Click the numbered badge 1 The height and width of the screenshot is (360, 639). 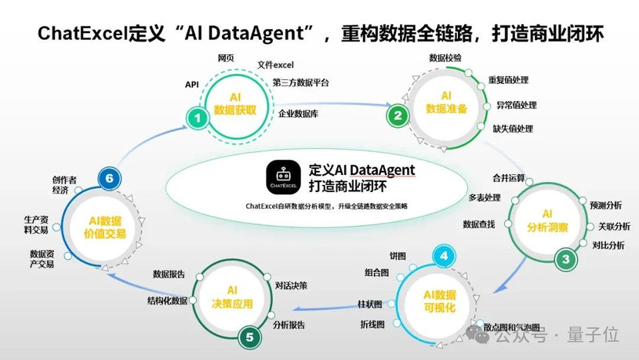(198, 118)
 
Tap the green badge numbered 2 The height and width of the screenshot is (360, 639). (398, 115)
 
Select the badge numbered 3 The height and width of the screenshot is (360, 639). (565, 259)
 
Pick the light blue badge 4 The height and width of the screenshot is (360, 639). (444, 256)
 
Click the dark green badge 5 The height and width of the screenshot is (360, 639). (249, 337)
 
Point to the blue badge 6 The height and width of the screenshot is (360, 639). (109, 179)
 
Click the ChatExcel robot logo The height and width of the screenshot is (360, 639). (283, 177)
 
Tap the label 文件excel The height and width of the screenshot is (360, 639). (275, 65)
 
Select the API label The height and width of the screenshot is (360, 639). (191, 85)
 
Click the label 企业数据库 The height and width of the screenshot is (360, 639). (298, 114)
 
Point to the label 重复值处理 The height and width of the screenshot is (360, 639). (508, 80)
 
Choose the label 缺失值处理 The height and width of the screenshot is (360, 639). (513, 129)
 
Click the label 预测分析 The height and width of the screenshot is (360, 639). (605, 205)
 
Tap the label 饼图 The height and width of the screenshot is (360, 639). (398, 256)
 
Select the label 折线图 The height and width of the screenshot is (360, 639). (372, 325)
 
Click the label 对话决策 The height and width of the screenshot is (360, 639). (291, 285)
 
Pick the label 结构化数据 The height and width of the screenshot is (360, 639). (168, 301)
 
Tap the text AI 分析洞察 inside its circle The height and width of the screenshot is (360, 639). (547, 220)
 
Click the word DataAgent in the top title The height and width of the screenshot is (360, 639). (256, 34)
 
